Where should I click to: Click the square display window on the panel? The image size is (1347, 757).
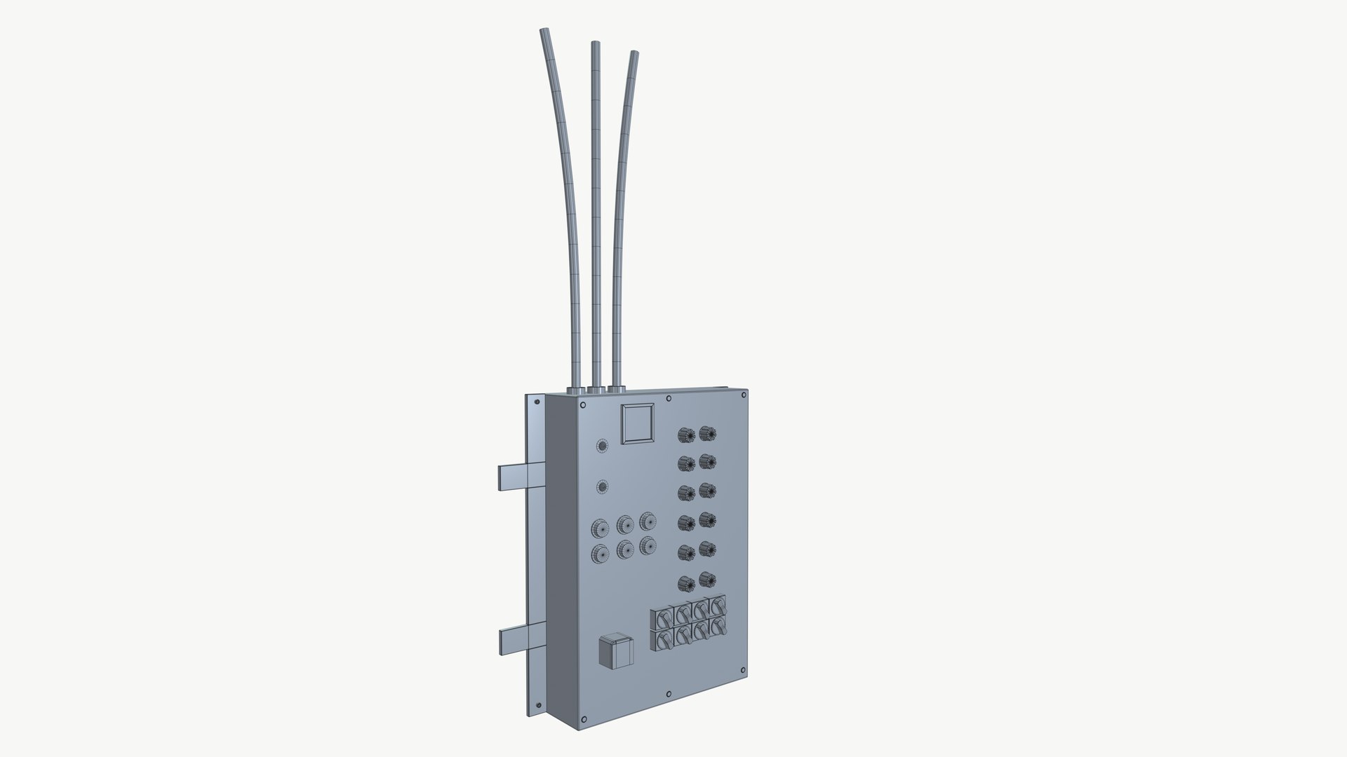(639, 423)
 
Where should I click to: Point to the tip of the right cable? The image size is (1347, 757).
(634, 53)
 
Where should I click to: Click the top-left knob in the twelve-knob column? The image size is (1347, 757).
(685, 435)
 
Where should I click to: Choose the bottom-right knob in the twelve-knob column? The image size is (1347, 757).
(706, 580)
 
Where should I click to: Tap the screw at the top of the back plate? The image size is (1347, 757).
(537, 403)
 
